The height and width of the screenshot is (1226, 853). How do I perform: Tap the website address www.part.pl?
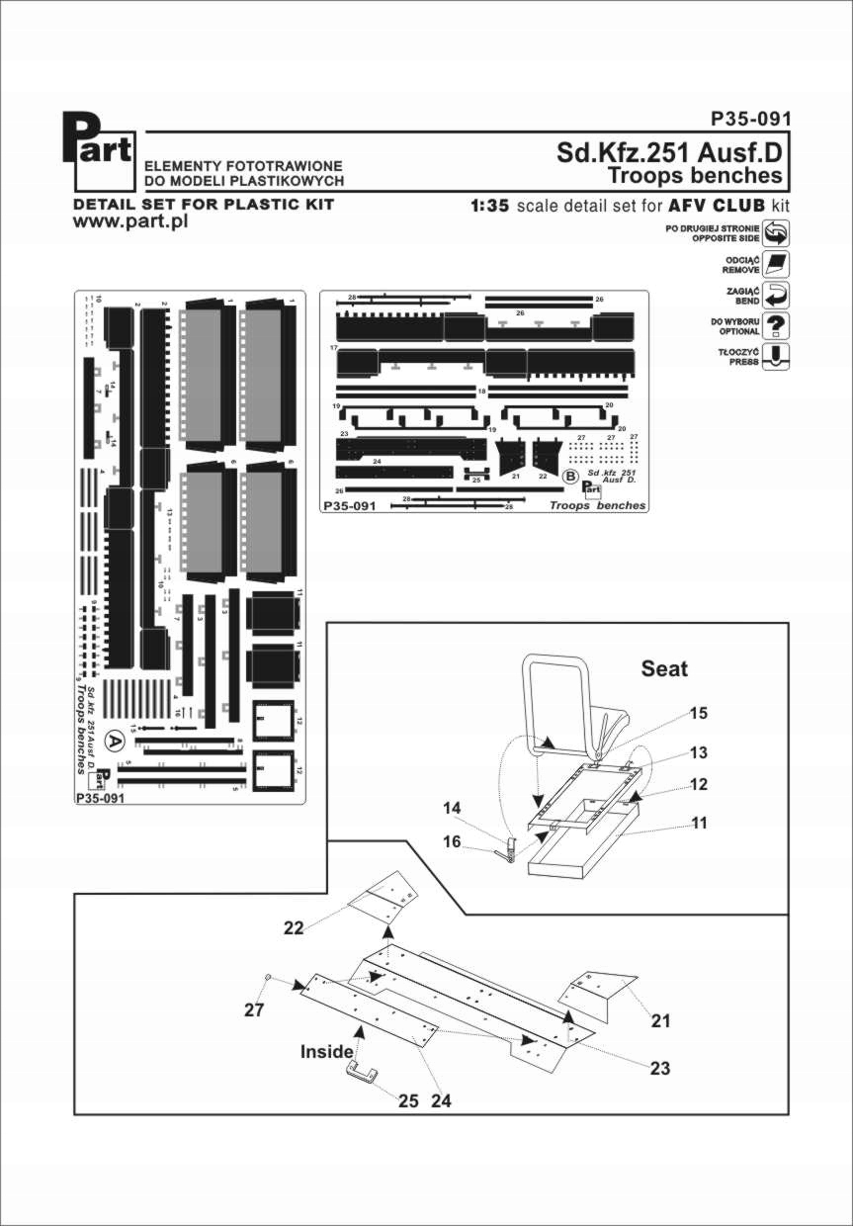tap(130, 221)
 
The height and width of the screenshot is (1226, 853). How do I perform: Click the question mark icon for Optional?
tap(777, 325)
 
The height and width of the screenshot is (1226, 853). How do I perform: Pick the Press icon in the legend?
tap(777, 356)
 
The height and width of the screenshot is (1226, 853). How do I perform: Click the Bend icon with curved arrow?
tap(777, 295)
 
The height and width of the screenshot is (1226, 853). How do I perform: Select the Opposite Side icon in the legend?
tap(777, 233)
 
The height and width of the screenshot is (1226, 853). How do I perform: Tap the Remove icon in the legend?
tap(777, 264)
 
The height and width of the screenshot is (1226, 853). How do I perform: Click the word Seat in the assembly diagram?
tap(664, 668)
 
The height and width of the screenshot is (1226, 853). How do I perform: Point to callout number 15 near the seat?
tap(699, 713)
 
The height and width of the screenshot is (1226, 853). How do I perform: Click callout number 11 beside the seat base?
tap(699, 822)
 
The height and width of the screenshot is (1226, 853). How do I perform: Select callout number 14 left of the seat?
tap(453, 808)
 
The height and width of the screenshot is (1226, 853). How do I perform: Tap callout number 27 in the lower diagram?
tap(254, 1009)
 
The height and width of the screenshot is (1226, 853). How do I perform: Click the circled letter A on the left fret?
tap(115, 739)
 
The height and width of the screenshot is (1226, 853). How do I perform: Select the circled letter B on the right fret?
tap(570, 476)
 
